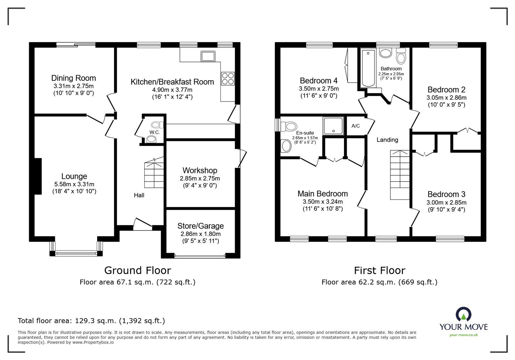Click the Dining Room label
coord(73,78)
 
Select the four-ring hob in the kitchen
coord(228,78)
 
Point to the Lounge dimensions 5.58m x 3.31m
coord(74,184)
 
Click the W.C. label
coord(154,132)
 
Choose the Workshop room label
coord(200,171)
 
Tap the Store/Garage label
coord(201,226)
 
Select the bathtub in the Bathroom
coord(368,68)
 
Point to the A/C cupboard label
coord(355,126)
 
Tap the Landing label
coord(387,140)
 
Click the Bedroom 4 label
coord(318,81)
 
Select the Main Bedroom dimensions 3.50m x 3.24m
coord(323,202)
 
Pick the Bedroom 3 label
coord(446,194)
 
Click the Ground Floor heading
coord(137,270)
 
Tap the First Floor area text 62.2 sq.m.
coord(379,282)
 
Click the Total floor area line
coord(91,321)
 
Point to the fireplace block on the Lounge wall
coord(38,176)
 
